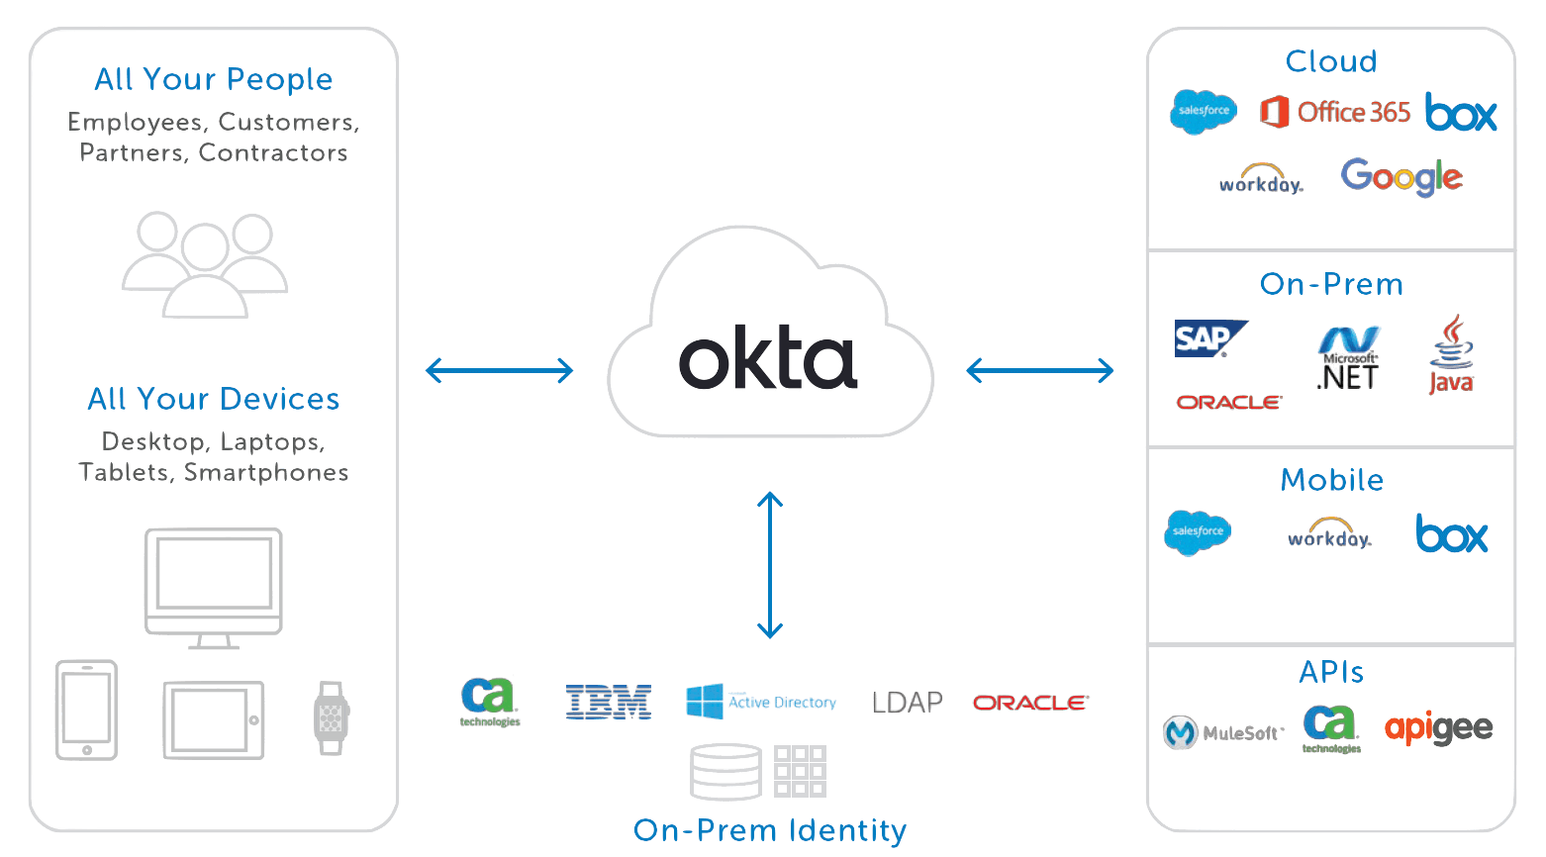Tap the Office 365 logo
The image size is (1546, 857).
point(1335,112)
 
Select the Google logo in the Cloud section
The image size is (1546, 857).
point(1401,177)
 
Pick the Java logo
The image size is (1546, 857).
point(1451,355)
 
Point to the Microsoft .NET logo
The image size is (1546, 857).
point(1348,359)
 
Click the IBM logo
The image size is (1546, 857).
point(608,703)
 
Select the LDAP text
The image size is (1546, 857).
point(907,703)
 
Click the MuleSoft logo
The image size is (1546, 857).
point(1223,732)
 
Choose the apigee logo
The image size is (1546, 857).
point(1438,728)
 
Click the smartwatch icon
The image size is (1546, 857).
point(331,718)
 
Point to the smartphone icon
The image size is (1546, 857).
point(87,711)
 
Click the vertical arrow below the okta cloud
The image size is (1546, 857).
point(770,565)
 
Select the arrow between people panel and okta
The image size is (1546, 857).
point(499,371)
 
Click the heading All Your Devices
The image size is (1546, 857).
point(214,399)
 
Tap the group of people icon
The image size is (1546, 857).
point(205,264)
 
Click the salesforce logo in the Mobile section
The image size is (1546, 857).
point(1198,532)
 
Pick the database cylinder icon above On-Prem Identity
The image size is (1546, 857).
point(725,772)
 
